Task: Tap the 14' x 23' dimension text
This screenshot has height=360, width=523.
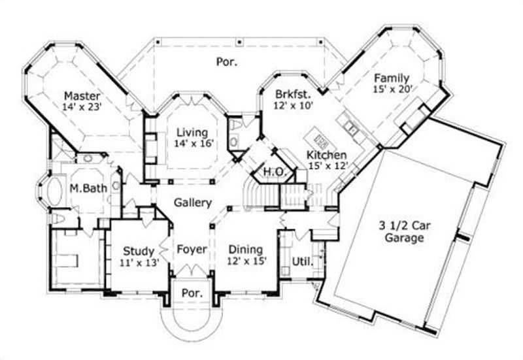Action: point(82,106)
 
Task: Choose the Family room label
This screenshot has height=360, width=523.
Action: point(392,77)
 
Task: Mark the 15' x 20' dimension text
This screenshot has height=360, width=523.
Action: point(392,89)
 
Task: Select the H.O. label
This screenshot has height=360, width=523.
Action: point(272,171)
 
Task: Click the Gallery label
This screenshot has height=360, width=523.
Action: point(193,203)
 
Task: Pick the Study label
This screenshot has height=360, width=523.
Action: point(139,251)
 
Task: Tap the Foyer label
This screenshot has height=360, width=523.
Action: point(192,250)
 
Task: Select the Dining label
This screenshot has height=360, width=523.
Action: point(246,249)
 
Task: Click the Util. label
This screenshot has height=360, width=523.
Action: point(302,261)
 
